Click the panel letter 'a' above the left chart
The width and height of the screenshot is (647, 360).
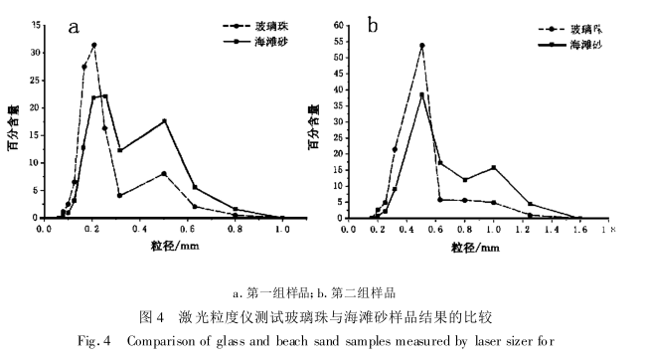pos(74,27)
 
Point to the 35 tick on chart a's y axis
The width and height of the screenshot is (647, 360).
pos(36,25)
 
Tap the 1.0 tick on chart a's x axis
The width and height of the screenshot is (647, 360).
pos(283,230)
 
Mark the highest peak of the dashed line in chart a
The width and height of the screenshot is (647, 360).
pos(94,45)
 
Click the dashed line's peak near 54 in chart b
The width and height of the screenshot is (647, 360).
pos(422,46)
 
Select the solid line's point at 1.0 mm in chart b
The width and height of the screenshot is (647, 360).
pos(494,167)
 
